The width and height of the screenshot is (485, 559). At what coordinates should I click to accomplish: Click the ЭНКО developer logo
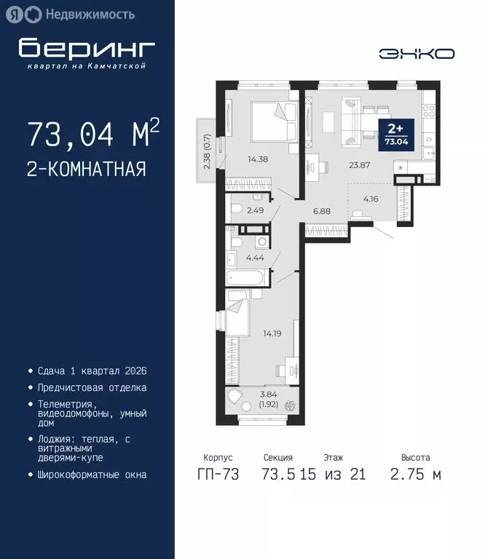[x=417, y=53]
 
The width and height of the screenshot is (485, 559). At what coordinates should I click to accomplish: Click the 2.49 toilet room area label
[x=255, y=211]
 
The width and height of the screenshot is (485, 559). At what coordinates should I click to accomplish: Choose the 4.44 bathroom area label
[x=255, y=257]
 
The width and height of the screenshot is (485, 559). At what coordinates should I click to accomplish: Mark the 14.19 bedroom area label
[x=273, y=334]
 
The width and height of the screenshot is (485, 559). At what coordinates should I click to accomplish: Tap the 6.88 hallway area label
[x=322, y=211]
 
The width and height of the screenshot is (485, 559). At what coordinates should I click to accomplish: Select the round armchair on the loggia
[x=237, y=400]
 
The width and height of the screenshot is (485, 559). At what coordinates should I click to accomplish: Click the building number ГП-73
[x=217, y=475]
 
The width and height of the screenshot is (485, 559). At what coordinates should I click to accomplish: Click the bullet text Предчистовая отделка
[x=92, y=388]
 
